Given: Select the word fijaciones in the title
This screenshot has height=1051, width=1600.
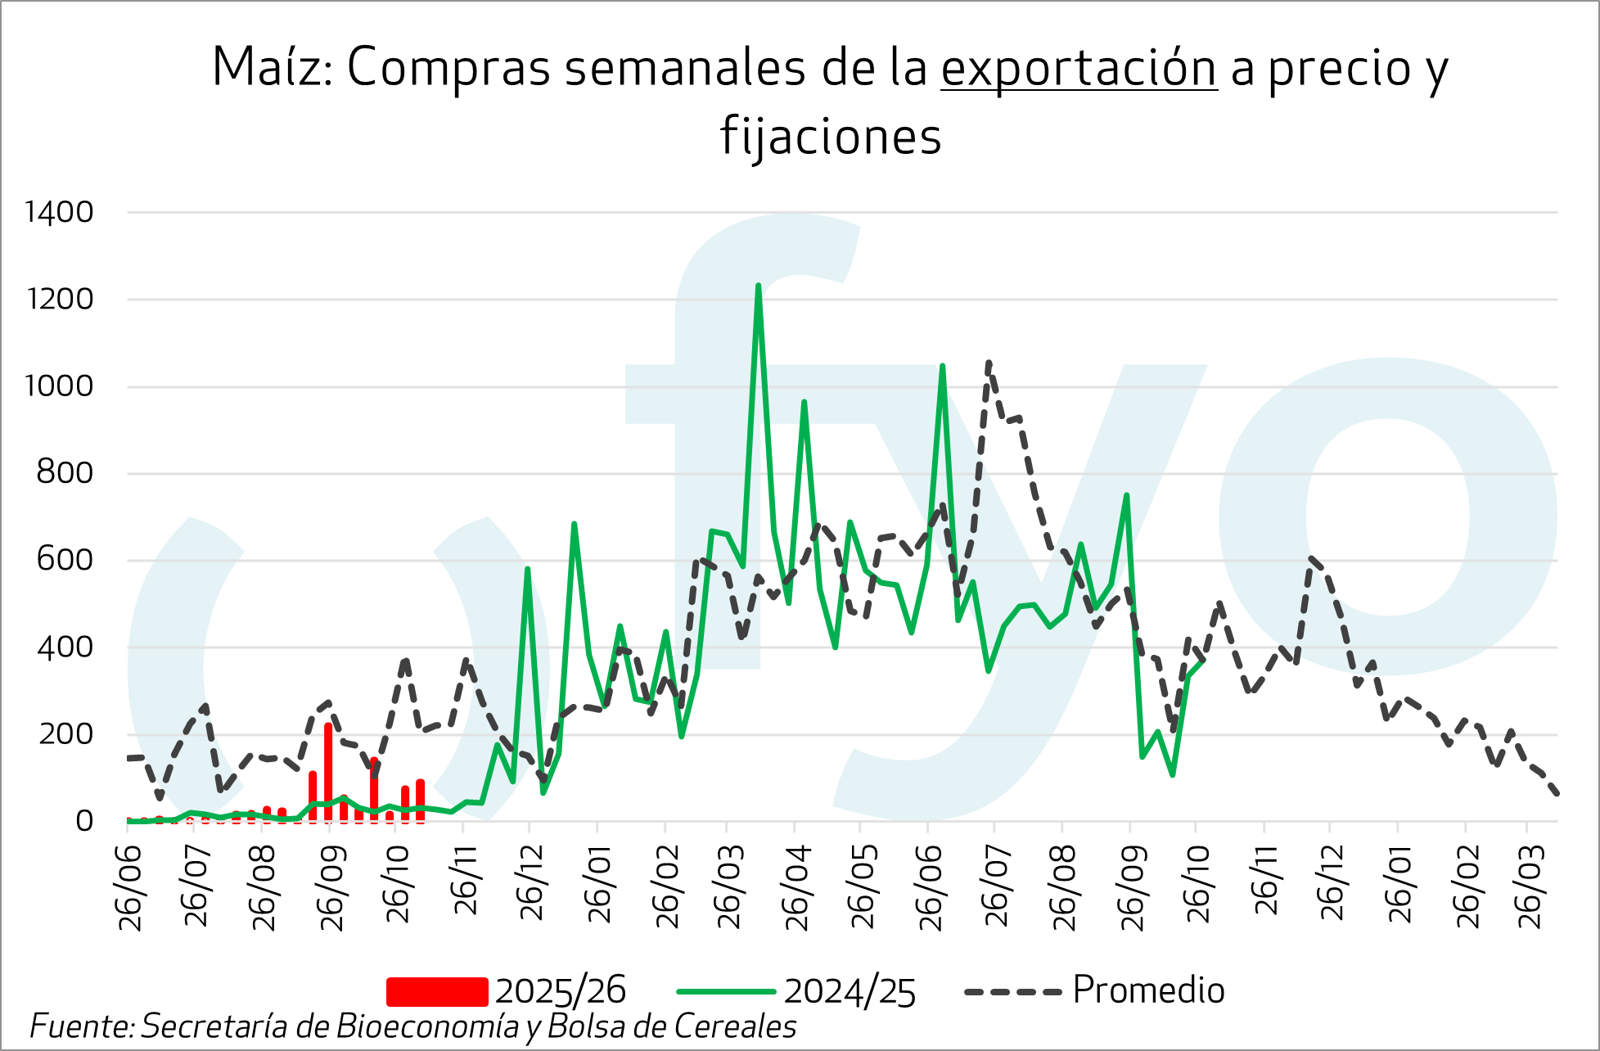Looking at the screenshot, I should click(831, 136).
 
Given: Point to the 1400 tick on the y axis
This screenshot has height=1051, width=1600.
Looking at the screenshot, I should click(60, 213).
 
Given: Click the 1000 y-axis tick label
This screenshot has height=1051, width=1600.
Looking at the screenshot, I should click(60, 386).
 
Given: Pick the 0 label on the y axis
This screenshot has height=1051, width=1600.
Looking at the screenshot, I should click(84, 821).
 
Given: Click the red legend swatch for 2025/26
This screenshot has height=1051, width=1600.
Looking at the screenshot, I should click(437, 991).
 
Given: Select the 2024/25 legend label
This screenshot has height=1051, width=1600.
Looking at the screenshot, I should click(850, 991).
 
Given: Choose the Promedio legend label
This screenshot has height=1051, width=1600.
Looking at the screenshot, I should click(1148, 990).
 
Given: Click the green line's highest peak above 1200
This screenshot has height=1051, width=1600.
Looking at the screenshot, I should click(759, 286).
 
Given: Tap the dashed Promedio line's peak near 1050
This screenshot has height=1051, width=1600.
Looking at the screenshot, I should click(989, 362).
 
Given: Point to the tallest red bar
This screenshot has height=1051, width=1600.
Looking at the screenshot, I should click(328, 769).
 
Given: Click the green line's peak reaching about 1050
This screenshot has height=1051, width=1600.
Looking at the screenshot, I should click(943, 367).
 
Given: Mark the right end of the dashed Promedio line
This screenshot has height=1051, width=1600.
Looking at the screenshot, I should click(1556, 793).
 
